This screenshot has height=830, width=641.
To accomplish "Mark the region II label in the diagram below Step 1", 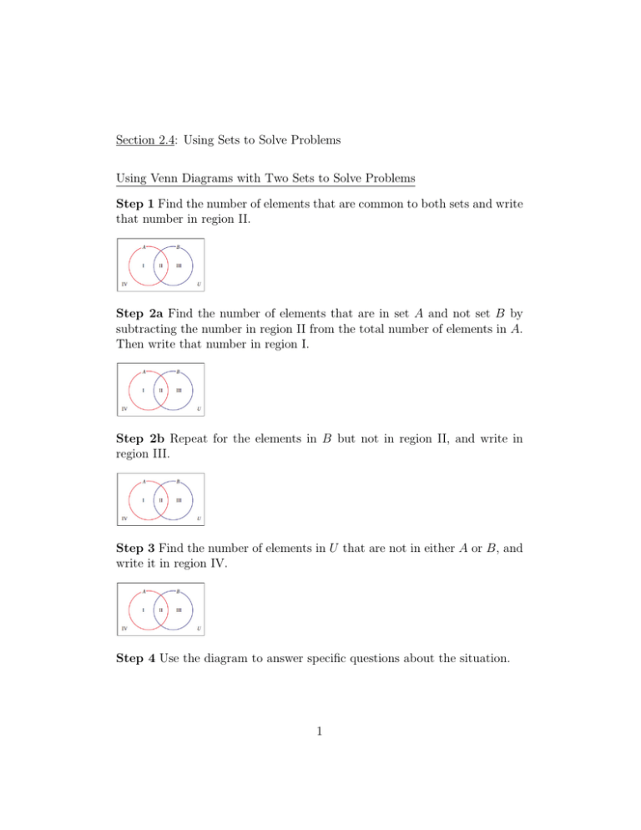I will point(161,267).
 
